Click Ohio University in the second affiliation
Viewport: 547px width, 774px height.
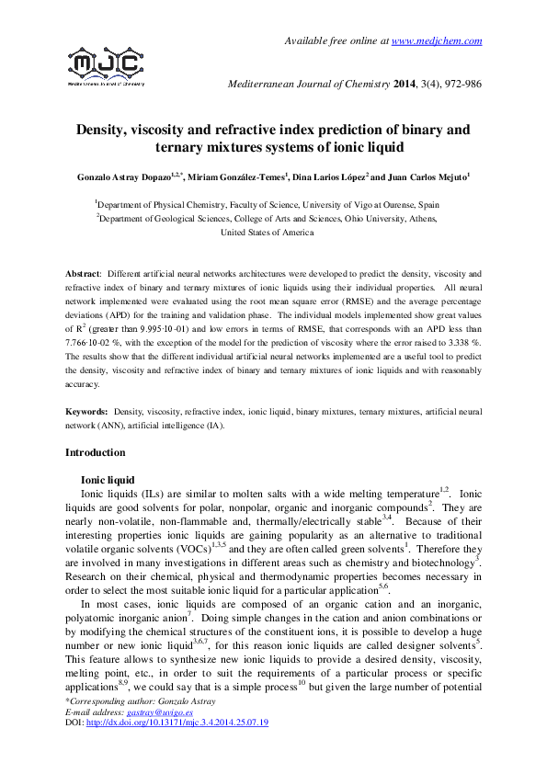coord(360,219)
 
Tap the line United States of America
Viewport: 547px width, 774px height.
coord(268,233)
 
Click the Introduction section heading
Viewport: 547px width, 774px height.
coord(95,453)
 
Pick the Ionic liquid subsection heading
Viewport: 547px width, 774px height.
coord(108,479)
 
